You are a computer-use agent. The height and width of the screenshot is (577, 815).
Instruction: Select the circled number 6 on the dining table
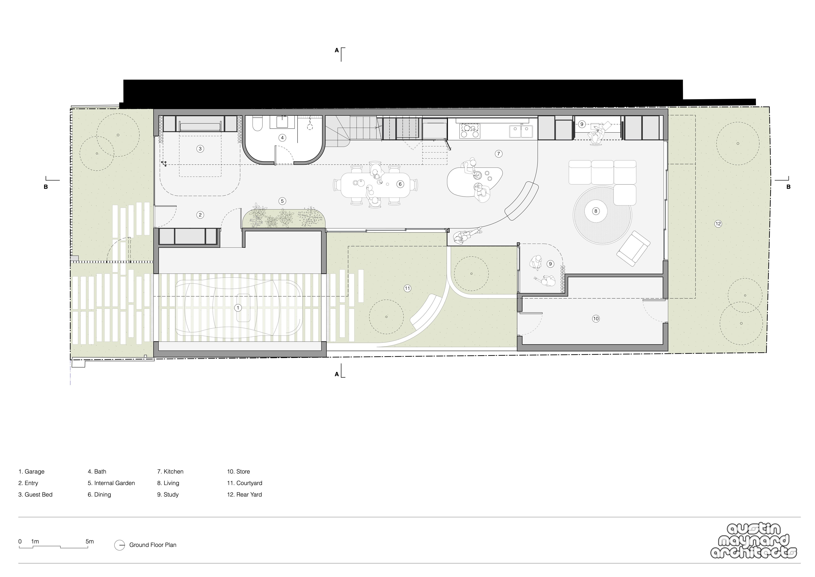point(400,184)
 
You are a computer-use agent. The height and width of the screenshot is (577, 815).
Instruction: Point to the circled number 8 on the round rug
point(596,211)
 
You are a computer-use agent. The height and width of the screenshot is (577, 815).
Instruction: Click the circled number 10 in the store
point(596,319)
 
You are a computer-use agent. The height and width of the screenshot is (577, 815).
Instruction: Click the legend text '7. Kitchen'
point(170,471)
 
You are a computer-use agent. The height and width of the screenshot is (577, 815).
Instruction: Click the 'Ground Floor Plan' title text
point(153,545)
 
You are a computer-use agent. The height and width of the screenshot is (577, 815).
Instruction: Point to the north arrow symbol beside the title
point(120,545)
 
